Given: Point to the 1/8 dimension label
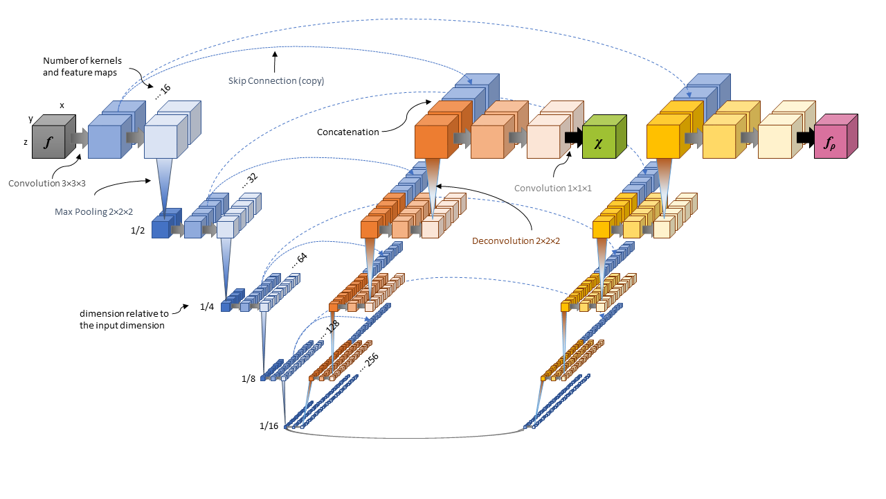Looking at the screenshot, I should (x=248, y=378).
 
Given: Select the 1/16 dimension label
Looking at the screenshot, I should (x=269, y=426).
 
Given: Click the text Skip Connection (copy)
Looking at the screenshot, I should (x=276, y=80).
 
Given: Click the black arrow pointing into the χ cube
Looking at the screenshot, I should (x=572, y=137).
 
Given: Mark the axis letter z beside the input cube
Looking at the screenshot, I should (x=26, y=141).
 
